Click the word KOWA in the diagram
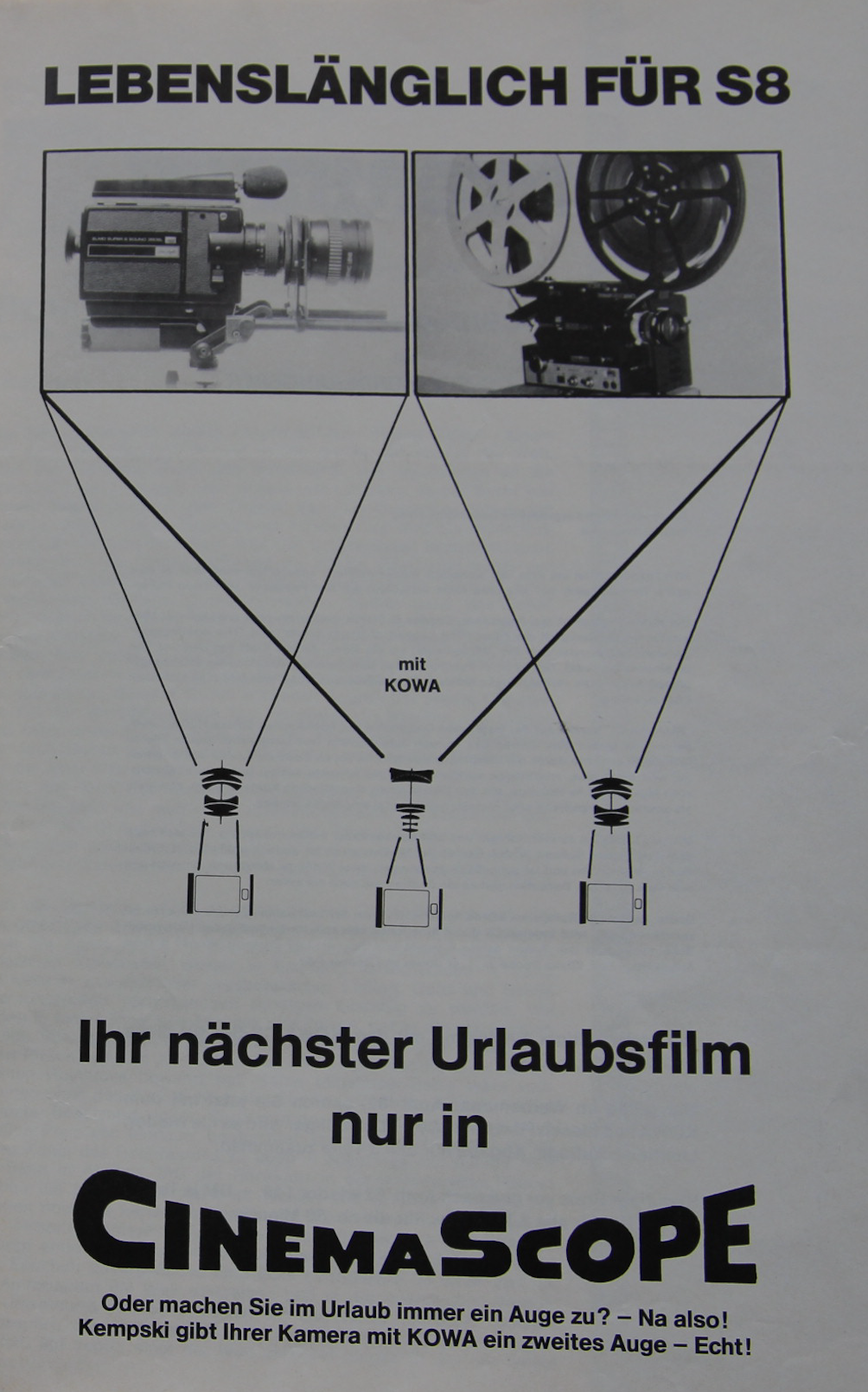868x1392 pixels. click(x=412, y=686)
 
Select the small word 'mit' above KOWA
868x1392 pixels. click(x=412, y=665)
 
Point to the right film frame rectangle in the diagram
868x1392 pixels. click(x=613, y=902)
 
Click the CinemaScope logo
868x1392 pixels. click(x=415, y=1233)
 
